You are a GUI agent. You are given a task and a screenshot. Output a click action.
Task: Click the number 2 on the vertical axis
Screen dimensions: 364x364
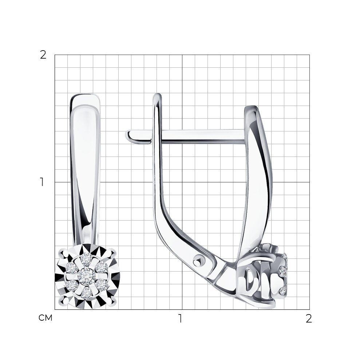(43, 55)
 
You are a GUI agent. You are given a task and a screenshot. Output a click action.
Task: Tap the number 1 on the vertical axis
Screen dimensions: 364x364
(42, 182)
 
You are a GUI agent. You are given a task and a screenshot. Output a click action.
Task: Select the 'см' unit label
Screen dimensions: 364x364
(45, 318)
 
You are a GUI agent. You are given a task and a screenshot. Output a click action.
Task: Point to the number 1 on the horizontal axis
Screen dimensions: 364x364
(180, 318)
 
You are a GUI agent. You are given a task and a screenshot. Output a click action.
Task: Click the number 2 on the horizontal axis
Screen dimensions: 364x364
(309, 318)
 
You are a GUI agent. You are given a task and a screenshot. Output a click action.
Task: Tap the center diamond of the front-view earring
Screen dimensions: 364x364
(87, 275)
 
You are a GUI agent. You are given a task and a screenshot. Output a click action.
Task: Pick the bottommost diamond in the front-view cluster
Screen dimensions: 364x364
(87, 293)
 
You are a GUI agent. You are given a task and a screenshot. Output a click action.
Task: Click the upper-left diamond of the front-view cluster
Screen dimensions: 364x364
(72, 268)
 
